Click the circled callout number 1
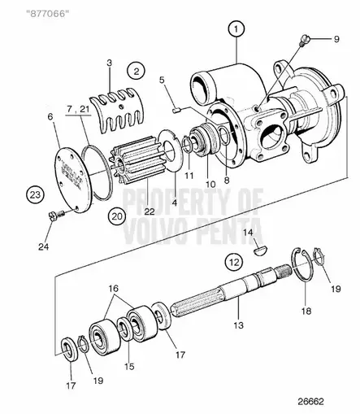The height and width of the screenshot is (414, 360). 236,28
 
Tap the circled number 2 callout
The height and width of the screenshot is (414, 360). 137,71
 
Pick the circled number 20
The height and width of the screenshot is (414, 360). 117,216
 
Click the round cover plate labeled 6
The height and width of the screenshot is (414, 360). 75,179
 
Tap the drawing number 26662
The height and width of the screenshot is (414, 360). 310,401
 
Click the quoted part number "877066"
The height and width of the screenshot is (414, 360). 46,13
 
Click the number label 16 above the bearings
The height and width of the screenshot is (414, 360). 114,288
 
